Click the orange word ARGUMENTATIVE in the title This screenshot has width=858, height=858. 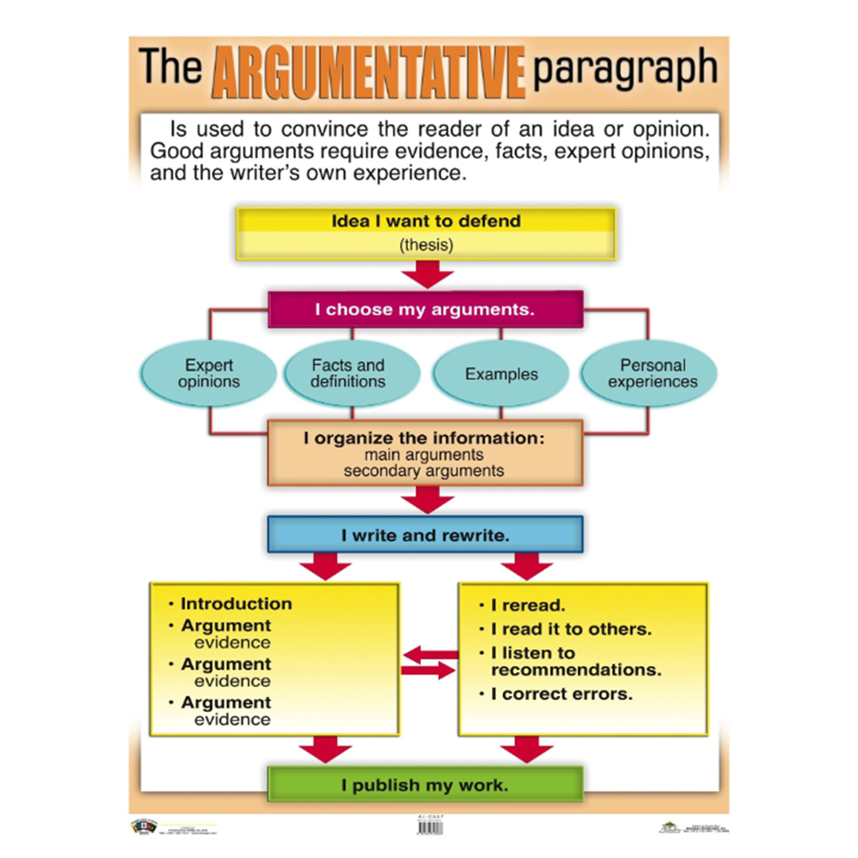coord(368,72)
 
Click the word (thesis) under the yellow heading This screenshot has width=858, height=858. coord(426,245)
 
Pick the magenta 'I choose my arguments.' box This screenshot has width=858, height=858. coord(425,310)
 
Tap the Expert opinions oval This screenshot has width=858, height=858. coord(209,373)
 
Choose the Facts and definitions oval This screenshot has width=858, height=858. coord(348,373)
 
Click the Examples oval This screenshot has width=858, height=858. coord(501,374)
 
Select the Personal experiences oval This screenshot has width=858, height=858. coord(652,373)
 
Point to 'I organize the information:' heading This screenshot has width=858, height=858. coord(424,438)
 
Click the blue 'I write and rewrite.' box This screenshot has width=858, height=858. coord(425,535)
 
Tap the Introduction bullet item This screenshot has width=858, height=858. coord(236,604)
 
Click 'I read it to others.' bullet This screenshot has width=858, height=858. coord(571,629)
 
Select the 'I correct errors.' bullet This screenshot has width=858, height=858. coord(561,694)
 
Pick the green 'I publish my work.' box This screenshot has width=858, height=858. coord(425,785)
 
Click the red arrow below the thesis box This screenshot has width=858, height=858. coord(427,275)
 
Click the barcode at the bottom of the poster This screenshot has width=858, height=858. coord(430,827)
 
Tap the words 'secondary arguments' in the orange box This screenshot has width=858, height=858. coord(424,471)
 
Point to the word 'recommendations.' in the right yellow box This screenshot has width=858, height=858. coord(576,670)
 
